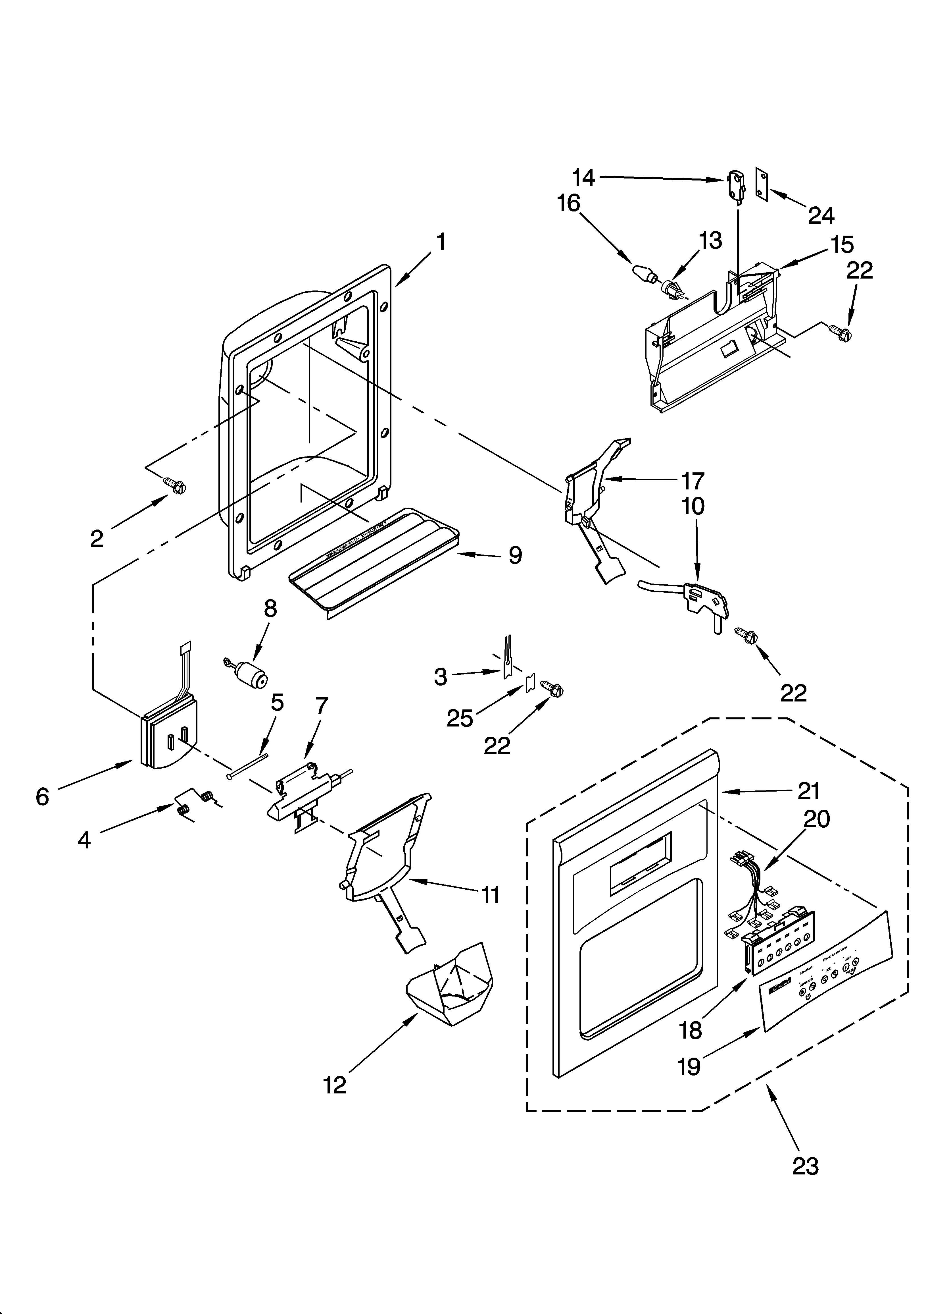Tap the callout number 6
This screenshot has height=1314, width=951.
click(42, 797)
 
